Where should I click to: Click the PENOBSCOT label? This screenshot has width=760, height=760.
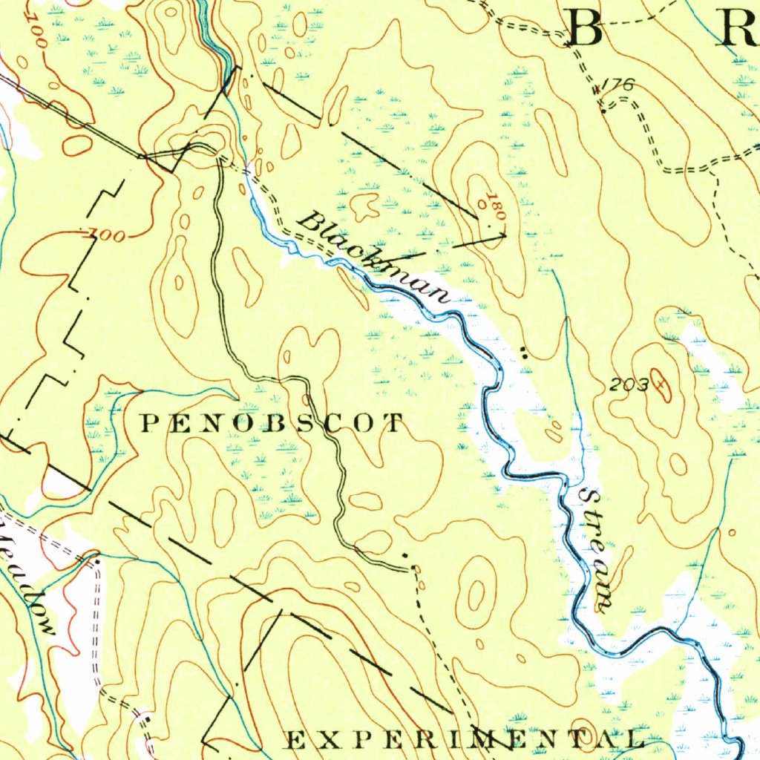click(x=272, y=424)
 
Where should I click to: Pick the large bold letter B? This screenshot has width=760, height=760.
click(x=586, y=29)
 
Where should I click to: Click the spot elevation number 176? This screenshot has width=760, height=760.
click(x=618, y=85)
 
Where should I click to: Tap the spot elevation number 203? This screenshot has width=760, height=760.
click(x=629, y=384)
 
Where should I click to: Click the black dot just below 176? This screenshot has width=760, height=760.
click(x=603, y=111)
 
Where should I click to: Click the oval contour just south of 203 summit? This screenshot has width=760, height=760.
click(x=678, y=465)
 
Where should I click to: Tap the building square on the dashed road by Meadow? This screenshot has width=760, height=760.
click(x=96, y=563)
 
